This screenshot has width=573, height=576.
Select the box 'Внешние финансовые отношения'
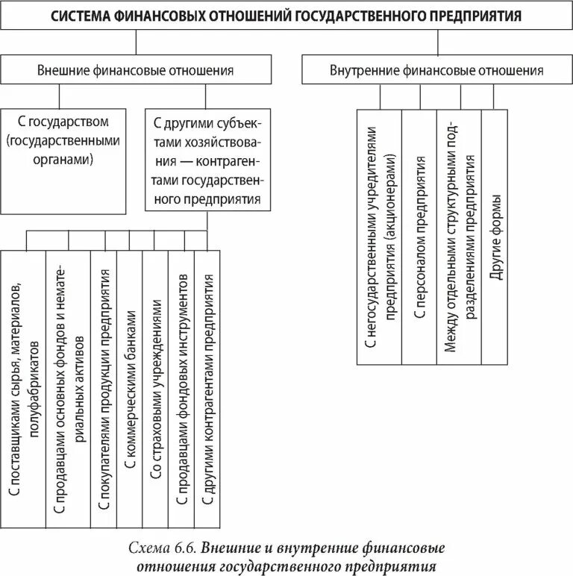click(x=135, y=71)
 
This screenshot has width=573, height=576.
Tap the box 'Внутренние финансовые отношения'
click(x=436, y=71)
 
